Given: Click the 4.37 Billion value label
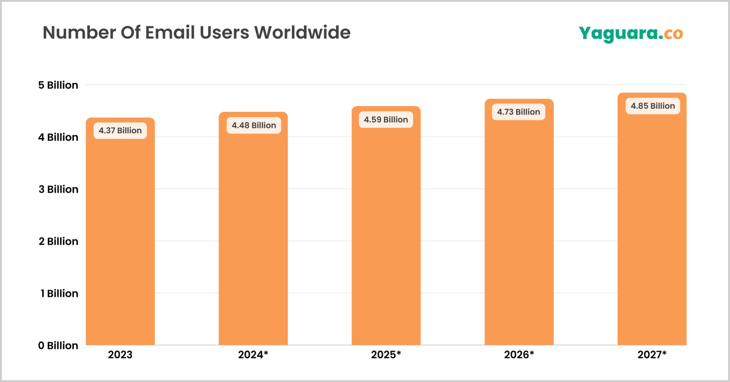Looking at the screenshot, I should [120, 131].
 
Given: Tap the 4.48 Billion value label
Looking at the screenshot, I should [254, 125].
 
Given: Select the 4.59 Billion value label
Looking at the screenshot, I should [386, 119].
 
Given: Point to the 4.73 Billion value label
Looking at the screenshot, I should [519, 112].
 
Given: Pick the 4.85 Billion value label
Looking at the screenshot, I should [653, 106].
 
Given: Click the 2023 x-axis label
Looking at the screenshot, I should [120, 355].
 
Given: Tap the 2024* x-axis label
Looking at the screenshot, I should [253, 355].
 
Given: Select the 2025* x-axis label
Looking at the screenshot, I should [386, 355].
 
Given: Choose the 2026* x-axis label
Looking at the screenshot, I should [519, 355].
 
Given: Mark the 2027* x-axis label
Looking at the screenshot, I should [652, 355].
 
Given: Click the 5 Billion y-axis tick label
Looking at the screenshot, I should [58, 85].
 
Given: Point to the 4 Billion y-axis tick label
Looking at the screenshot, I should [58, 137].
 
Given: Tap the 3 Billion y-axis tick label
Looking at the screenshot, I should [58, 189].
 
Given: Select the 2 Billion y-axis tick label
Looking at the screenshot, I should [58, 241].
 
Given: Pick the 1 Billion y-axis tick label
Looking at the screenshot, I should [59, 294].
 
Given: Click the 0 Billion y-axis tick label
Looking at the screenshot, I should [58, 346].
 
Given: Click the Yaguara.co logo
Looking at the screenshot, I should [631, 34].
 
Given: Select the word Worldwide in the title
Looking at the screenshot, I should [302, 32].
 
